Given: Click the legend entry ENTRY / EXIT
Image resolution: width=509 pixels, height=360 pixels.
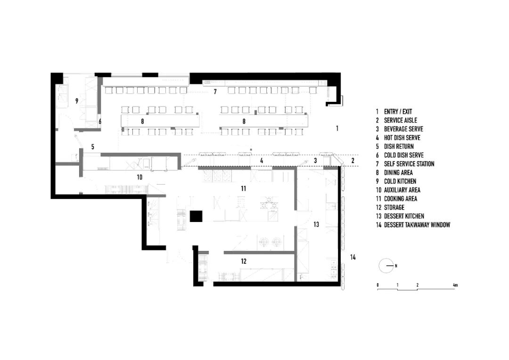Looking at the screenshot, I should [x=398, y=112].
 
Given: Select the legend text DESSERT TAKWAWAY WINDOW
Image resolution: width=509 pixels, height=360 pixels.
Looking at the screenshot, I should [x=417, y=225].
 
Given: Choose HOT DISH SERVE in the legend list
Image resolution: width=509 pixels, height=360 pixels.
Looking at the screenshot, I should [x=402, y=138].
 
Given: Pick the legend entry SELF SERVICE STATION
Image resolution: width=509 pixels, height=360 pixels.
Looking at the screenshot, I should [x=409, y=164].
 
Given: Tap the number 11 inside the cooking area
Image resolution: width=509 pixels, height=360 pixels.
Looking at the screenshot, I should [x=243, y=188].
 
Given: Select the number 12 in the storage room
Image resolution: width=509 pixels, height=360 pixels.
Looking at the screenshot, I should [x=243, y=261].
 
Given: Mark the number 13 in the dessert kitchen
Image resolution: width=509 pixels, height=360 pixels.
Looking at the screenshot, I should [x=316, y=225].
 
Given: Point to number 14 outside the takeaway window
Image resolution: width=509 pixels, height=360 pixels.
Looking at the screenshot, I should [x=353, y=257].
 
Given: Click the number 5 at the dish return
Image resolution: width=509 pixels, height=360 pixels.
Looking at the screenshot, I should [x=93, y=147].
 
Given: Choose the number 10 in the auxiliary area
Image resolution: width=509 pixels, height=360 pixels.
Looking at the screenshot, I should [x=139, y=178].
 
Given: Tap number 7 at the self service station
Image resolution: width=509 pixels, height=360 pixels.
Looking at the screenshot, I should [x=215, y=92].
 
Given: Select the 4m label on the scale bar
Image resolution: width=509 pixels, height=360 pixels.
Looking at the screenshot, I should [x=455, y=286].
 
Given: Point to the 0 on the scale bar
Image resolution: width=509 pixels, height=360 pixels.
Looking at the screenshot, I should [x=378, y=286].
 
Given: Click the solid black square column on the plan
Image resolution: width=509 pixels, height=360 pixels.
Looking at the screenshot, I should [x=196, y=216].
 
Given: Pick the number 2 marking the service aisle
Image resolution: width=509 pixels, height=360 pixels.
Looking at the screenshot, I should [x=353, y=161].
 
